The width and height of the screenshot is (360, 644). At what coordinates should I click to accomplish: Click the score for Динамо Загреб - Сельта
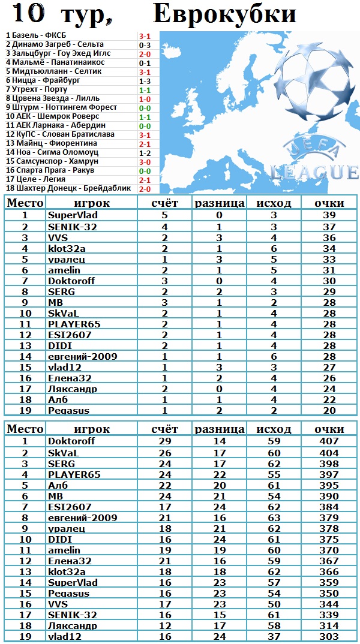145,44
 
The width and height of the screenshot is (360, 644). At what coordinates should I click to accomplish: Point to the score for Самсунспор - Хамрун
145,162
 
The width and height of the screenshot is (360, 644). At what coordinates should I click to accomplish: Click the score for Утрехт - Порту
145,89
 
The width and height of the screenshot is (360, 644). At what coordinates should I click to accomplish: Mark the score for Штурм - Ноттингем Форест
145,107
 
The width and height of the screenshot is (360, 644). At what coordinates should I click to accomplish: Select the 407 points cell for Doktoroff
329,441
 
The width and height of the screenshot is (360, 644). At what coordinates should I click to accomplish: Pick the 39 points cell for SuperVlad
329,215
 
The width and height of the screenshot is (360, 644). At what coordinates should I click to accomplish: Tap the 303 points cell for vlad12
329,636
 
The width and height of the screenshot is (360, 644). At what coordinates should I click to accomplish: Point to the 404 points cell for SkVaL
329,453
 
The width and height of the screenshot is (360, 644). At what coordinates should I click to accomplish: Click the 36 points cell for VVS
329,237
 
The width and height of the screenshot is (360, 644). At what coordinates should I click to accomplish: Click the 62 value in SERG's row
274,464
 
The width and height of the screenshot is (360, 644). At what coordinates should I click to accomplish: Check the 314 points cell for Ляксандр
329,625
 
